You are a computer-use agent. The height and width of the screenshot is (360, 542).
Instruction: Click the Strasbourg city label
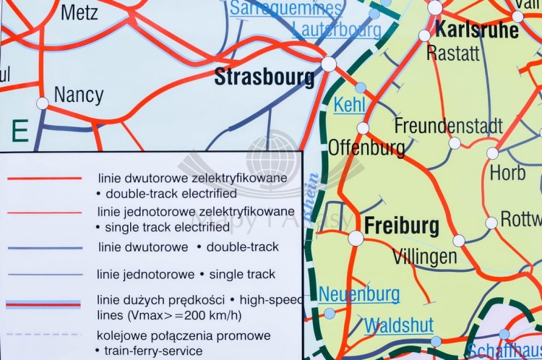coord(264,77)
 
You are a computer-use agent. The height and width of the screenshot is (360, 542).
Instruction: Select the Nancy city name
coord(79,95)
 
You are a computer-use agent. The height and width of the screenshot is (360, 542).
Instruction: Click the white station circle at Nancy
coord(43,103)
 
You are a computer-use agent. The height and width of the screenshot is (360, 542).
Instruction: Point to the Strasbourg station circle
coord(329,64)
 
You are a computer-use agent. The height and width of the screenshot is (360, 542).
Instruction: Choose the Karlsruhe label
coord(478,30)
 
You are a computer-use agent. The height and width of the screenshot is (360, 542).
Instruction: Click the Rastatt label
coord(453,53)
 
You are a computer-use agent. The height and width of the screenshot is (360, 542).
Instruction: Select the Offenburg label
coord(366,147)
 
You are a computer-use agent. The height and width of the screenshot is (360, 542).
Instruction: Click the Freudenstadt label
coord(448,125)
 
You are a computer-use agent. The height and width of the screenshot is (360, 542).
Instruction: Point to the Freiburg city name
coord(402,226)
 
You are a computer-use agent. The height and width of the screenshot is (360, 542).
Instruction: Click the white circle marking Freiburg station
coord(356,238)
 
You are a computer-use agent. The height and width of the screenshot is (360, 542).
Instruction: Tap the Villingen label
coord(424,257)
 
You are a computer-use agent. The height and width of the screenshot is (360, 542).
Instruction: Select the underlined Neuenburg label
coord(359,294)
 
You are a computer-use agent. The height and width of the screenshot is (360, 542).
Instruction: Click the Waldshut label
coord(399,325)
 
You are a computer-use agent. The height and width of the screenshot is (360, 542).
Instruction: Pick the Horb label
coord(507,173)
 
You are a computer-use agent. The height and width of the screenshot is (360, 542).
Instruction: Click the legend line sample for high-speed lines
coord(43,304)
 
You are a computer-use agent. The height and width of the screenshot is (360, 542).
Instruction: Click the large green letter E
coord(20,132)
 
